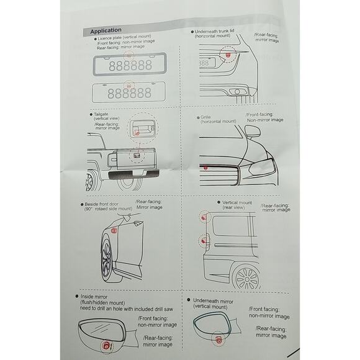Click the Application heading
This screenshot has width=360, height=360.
[106, 30]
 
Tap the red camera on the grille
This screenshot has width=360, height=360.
[205, 168]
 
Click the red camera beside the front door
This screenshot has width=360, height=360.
[114, 231]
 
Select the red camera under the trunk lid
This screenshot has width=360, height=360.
[228, 55]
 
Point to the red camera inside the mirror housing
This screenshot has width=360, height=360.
[107, 345]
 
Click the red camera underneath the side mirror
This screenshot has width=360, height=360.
[218, 340]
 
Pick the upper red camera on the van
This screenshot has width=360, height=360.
[204, 217]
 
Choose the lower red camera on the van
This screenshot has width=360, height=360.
[204, 241]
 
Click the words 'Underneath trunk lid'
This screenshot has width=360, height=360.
[214, 31]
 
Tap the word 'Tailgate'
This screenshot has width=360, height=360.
[101, 114]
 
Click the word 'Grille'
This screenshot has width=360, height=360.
[205, 117]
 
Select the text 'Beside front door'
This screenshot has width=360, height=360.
[101, 204]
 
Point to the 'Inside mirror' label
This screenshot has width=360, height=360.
[94, 297]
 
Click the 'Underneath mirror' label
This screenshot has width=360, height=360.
[213, 301]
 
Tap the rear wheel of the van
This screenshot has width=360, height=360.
[246, 278]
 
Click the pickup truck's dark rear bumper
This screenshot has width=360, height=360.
[133, 174]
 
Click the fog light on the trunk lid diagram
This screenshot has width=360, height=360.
[237, 92]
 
